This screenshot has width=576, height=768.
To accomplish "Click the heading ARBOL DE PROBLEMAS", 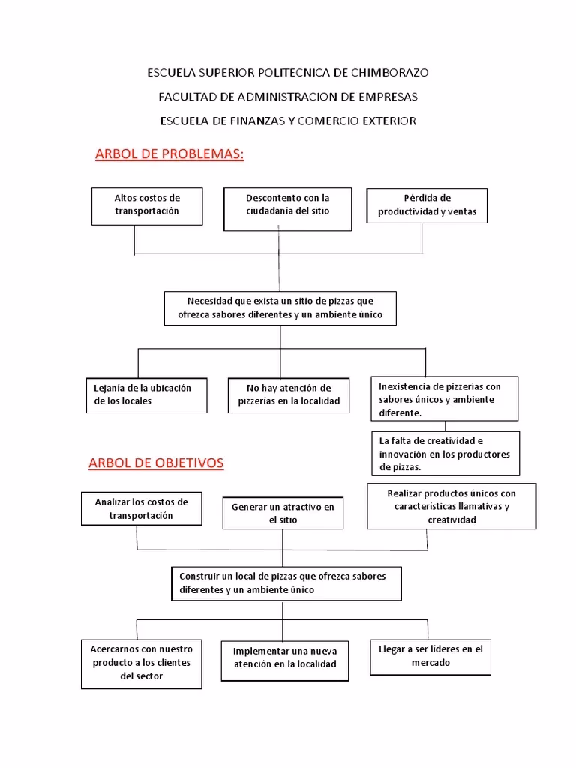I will (170, 154).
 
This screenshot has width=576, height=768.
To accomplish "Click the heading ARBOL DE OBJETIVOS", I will (156, 463).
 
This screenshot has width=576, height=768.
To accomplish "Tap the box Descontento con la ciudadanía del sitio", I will (287, 208).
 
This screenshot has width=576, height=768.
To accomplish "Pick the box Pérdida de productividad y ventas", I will (427, 205).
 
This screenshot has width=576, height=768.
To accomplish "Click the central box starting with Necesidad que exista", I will (280, 307).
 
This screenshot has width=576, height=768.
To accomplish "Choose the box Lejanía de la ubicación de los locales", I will (145, 394).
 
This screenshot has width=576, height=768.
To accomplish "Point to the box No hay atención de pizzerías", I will (289, 394).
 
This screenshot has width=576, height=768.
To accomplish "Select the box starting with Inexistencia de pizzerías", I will (445, 400).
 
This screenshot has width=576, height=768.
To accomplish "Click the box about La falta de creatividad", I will (445, 453).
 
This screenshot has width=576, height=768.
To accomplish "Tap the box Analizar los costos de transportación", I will (142, 509).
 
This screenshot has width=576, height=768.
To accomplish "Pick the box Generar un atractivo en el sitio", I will (283, 514).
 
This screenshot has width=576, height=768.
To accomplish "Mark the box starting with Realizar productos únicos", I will (451, 507).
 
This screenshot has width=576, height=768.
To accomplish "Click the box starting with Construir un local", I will (286, 583).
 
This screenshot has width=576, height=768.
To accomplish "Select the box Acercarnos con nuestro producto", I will (141, 663).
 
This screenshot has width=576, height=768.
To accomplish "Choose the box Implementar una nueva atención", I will (285, 658).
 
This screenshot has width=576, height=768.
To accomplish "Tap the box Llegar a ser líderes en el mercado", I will (430, 656).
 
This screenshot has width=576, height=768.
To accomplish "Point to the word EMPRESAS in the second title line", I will (388, 97).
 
